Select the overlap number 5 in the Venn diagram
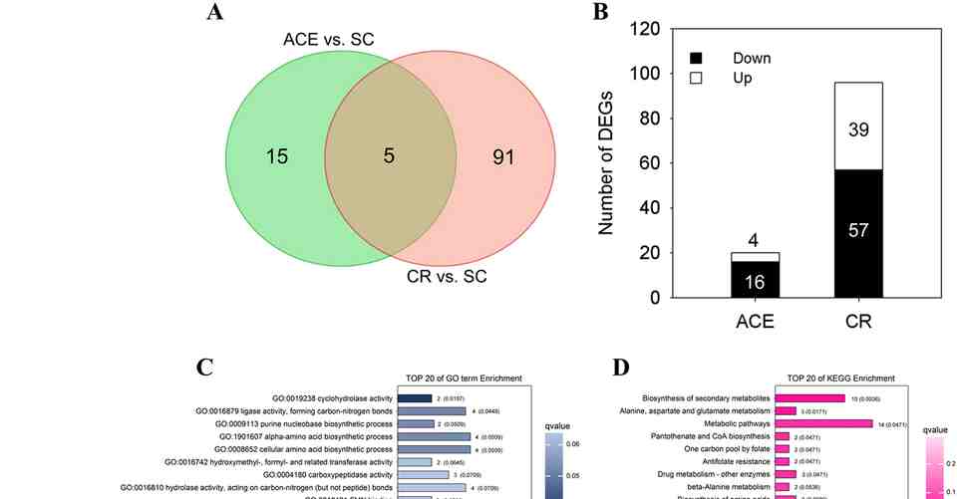(x=390, y=156)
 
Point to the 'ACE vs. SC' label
(x=329, y=40)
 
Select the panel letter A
(x=214, y=13)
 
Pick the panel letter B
(x=601, y=13)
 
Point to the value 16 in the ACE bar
(x=755, y=282)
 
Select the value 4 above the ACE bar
(x=755, y=239)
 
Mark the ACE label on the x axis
(x=755, y=321)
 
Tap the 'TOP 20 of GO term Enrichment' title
(x=465, y=377)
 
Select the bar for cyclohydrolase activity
(x=415, y=397)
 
